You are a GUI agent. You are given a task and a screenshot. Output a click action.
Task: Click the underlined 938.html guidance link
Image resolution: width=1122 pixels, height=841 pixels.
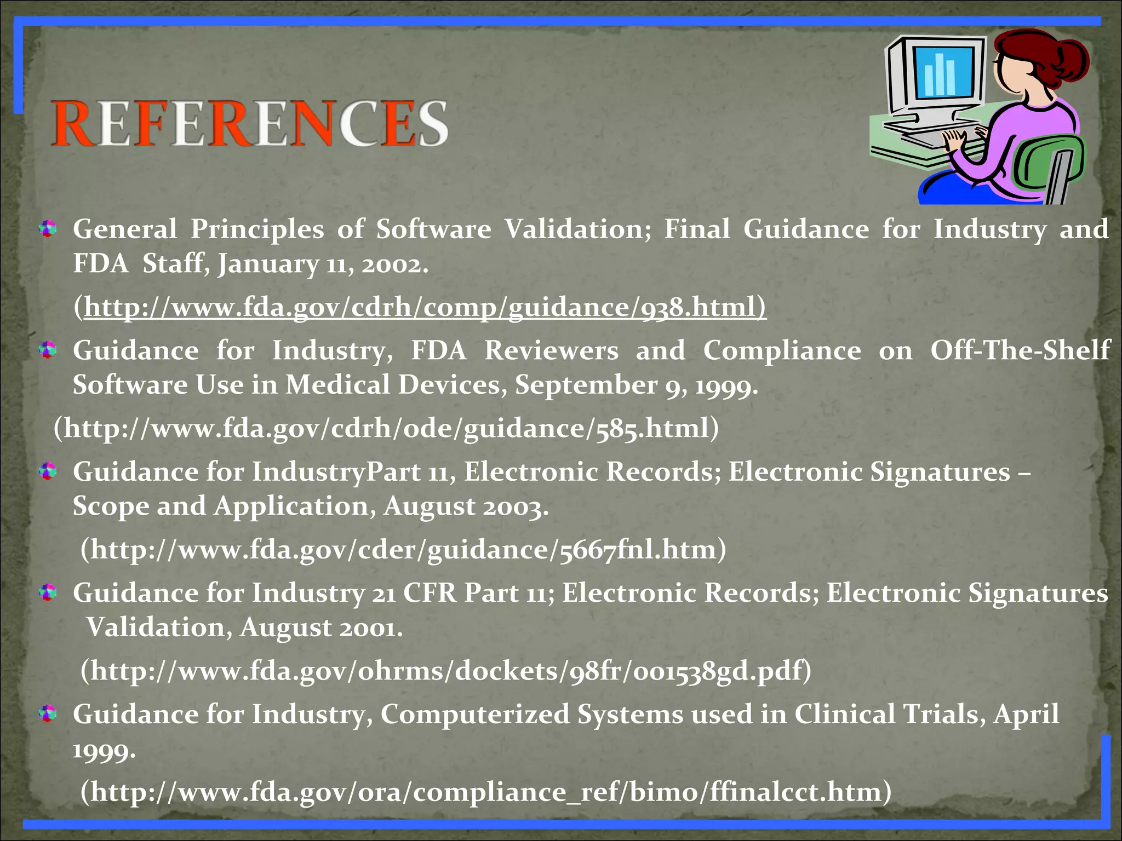tap(425, 307)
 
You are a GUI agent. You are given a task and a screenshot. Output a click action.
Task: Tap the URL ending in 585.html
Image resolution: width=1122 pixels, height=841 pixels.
tap(386, 428)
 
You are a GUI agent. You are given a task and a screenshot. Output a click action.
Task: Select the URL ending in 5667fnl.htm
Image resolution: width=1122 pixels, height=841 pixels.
tap(403, 550)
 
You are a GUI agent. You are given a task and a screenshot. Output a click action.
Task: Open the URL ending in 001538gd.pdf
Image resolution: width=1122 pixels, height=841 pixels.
tap(446, 671)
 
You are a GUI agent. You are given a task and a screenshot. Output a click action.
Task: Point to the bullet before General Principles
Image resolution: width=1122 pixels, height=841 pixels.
tap(48, 229)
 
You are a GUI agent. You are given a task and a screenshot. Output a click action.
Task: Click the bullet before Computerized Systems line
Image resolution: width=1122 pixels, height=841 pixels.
tap(48, 713)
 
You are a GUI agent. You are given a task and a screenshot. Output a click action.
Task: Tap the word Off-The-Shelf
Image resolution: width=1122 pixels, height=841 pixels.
tap(1020, 350)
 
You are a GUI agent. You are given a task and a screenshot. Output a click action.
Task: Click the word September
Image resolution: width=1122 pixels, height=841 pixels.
tap(586, 385)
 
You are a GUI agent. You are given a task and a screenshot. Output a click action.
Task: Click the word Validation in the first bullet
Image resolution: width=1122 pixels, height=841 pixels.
tap(577, 229)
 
